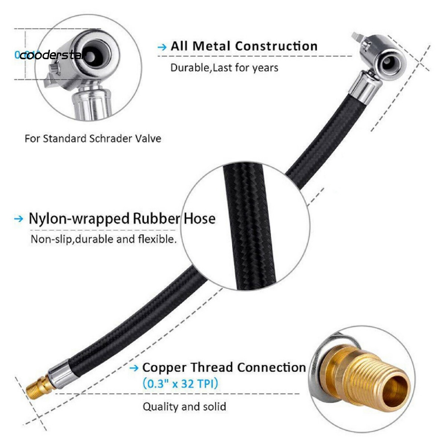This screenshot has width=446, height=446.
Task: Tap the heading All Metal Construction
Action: (x=243, y=46)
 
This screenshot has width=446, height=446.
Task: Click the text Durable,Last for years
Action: (x=224, y=68)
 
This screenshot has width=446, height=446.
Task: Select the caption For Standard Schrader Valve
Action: (x=93, y=139)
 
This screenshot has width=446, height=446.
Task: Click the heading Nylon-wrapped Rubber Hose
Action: (x=122, y=218)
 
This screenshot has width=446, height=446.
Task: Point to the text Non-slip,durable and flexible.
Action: (x=104, y=239)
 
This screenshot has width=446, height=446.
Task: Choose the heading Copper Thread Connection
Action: (x=224, y=367)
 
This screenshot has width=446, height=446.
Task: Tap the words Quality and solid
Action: (x=185, y=407)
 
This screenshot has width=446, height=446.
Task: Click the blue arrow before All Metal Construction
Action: (x=162, y=47)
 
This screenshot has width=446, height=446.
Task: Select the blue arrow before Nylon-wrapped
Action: (x=18, y=218)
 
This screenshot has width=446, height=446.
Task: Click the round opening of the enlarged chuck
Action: (x=92, y=57)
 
